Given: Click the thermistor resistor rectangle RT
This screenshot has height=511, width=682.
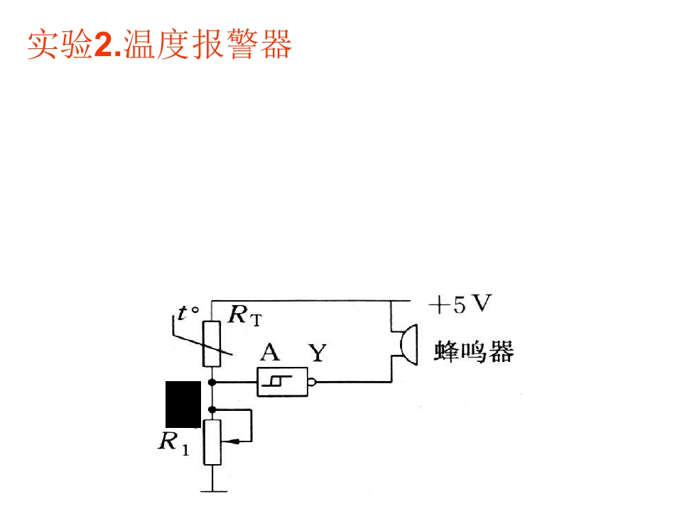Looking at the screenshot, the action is coord(212,344).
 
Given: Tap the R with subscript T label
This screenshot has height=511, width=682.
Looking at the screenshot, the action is coord(245,315).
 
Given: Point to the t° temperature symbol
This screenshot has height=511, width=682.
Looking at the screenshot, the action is coord(188,312).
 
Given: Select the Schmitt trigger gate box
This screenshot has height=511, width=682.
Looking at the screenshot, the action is coord(282,382).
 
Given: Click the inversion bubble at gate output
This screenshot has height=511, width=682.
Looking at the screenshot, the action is coord(311,383).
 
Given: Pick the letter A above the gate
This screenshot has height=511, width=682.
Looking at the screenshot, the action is coord(270,352).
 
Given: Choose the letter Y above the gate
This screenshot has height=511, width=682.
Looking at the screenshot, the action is coord(318,353).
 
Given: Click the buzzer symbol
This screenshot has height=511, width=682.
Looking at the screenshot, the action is coord(408,345).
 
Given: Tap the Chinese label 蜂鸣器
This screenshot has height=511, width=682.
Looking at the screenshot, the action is coord(474,351).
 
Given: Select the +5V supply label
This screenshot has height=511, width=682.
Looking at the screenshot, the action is coord(460,304).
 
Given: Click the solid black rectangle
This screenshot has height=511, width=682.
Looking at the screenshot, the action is coord(183,405).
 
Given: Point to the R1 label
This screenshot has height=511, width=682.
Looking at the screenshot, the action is coord(174,443).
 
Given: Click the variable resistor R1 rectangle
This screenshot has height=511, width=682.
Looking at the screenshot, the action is coord(212,442).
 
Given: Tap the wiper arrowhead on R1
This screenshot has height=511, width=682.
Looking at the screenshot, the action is coord(232,442).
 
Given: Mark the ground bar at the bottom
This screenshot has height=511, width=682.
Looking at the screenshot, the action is coord(214,491).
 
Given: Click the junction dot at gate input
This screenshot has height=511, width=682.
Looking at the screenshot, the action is coord(212,383).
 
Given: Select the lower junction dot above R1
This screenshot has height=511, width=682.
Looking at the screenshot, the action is coord(212,410).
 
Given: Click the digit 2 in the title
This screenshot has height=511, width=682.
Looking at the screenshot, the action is coord(103,45).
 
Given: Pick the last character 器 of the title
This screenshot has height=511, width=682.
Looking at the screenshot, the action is coord(276,44).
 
